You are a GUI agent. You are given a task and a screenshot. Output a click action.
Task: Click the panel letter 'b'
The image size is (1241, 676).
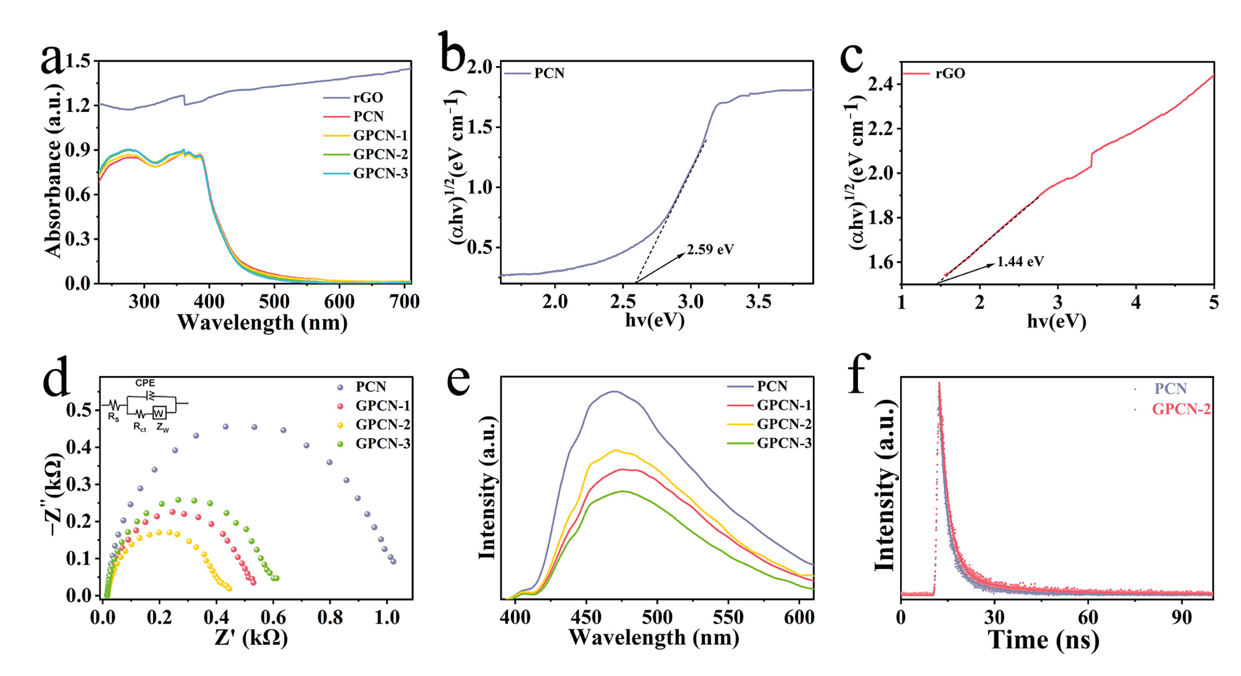pos(452,52)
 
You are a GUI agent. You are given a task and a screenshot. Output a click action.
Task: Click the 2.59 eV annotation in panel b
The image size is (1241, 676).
pos(710,249)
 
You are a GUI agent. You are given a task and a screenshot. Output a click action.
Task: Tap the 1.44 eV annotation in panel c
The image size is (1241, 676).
pos(1020,262)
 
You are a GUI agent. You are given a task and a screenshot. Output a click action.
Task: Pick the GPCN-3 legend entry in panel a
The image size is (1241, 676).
pos(380,174)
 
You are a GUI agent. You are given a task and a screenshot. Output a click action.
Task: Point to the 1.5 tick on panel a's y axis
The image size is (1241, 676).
pos(78,62)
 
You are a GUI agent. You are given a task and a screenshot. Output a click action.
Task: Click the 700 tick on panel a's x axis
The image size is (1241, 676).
pos(404,302)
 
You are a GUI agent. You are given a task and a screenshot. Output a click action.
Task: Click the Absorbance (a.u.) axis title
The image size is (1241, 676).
pos(53,171)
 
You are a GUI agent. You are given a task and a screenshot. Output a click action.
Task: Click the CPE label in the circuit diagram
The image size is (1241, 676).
pos(145,383)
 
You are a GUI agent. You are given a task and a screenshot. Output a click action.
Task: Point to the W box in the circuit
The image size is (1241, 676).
pos(159,413)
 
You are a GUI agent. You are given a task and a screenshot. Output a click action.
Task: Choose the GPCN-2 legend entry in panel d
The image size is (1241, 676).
pos(383,425)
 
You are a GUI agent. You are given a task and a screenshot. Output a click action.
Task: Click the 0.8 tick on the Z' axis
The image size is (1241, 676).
pos(330,617)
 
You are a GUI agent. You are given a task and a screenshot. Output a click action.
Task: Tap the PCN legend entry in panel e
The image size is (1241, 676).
pos(772,386)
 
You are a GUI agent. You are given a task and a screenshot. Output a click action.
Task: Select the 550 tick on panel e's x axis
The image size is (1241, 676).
pos(728,617)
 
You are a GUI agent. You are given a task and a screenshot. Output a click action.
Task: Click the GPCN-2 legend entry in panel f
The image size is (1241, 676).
pos(1181,409)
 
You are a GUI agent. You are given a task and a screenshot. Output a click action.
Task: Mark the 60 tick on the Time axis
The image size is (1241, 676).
pos(1088,617)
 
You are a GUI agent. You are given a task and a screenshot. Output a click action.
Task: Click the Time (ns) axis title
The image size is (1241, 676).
pos(1043,640)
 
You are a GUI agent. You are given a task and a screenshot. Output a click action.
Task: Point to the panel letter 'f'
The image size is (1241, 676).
pos(859,374)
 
